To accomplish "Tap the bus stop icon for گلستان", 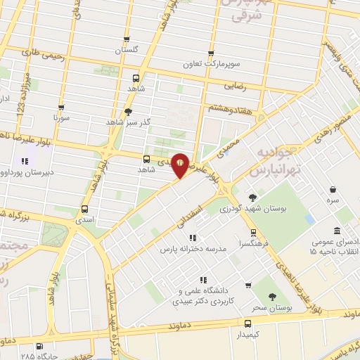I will pos(127,39).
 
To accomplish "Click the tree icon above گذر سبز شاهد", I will pos(127,111).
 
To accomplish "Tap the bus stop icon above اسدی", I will pos(85,209).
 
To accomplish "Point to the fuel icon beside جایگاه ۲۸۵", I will pos(39,346).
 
